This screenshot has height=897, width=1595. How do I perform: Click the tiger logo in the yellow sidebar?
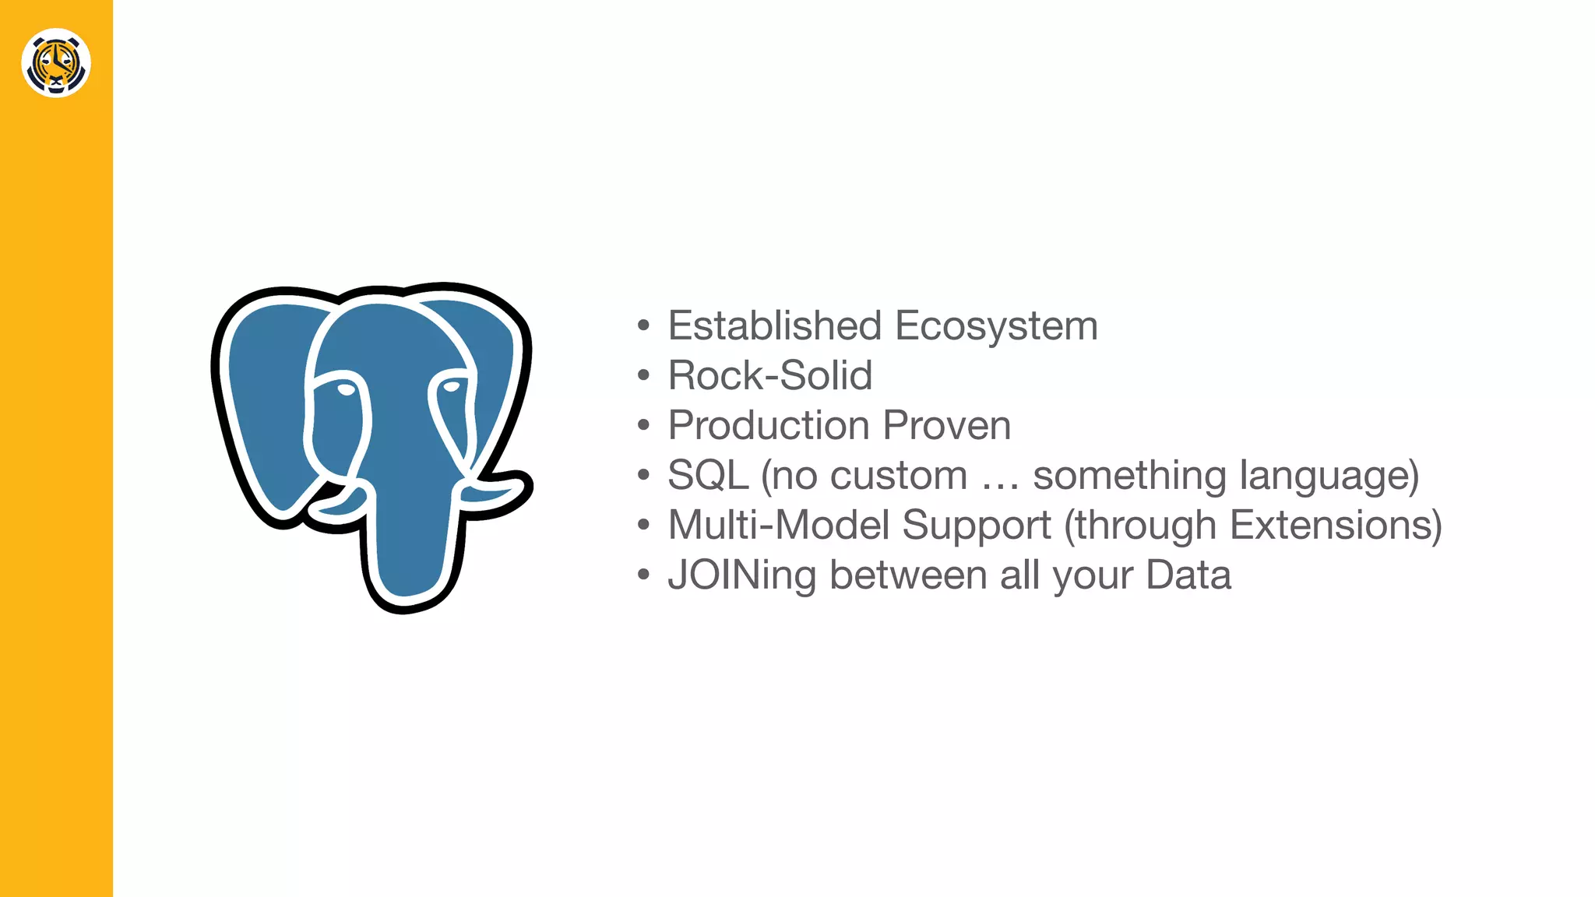(x=56, y=63)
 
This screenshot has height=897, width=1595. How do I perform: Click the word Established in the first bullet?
(x=774, y=325)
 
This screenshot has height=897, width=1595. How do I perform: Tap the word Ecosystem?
(x=996, y=325)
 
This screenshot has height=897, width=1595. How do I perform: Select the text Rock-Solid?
(x=769, y=375)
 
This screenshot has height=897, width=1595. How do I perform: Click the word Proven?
(x=947, y=425)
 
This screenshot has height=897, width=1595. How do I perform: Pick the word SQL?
(x=708, y=475)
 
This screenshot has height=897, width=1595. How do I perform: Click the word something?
(x=1129, y=475)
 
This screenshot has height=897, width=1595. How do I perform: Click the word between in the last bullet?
(x=908, y=575)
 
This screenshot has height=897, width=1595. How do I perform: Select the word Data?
(x=1188, y=575)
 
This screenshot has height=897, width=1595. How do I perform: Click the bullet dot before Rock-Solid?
(x=643, y=376)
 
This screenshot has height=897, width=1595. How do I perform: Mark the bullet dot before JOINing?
(x=643, y=575)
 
